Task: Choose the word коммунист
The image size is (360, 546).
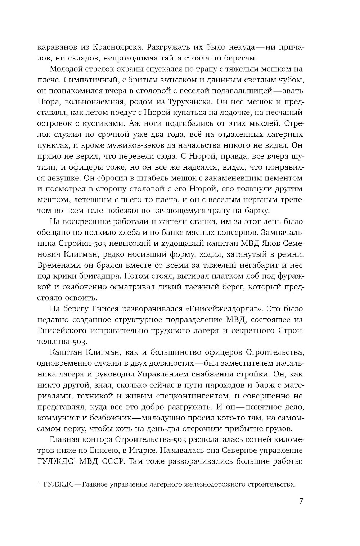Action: click(60, 418)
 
